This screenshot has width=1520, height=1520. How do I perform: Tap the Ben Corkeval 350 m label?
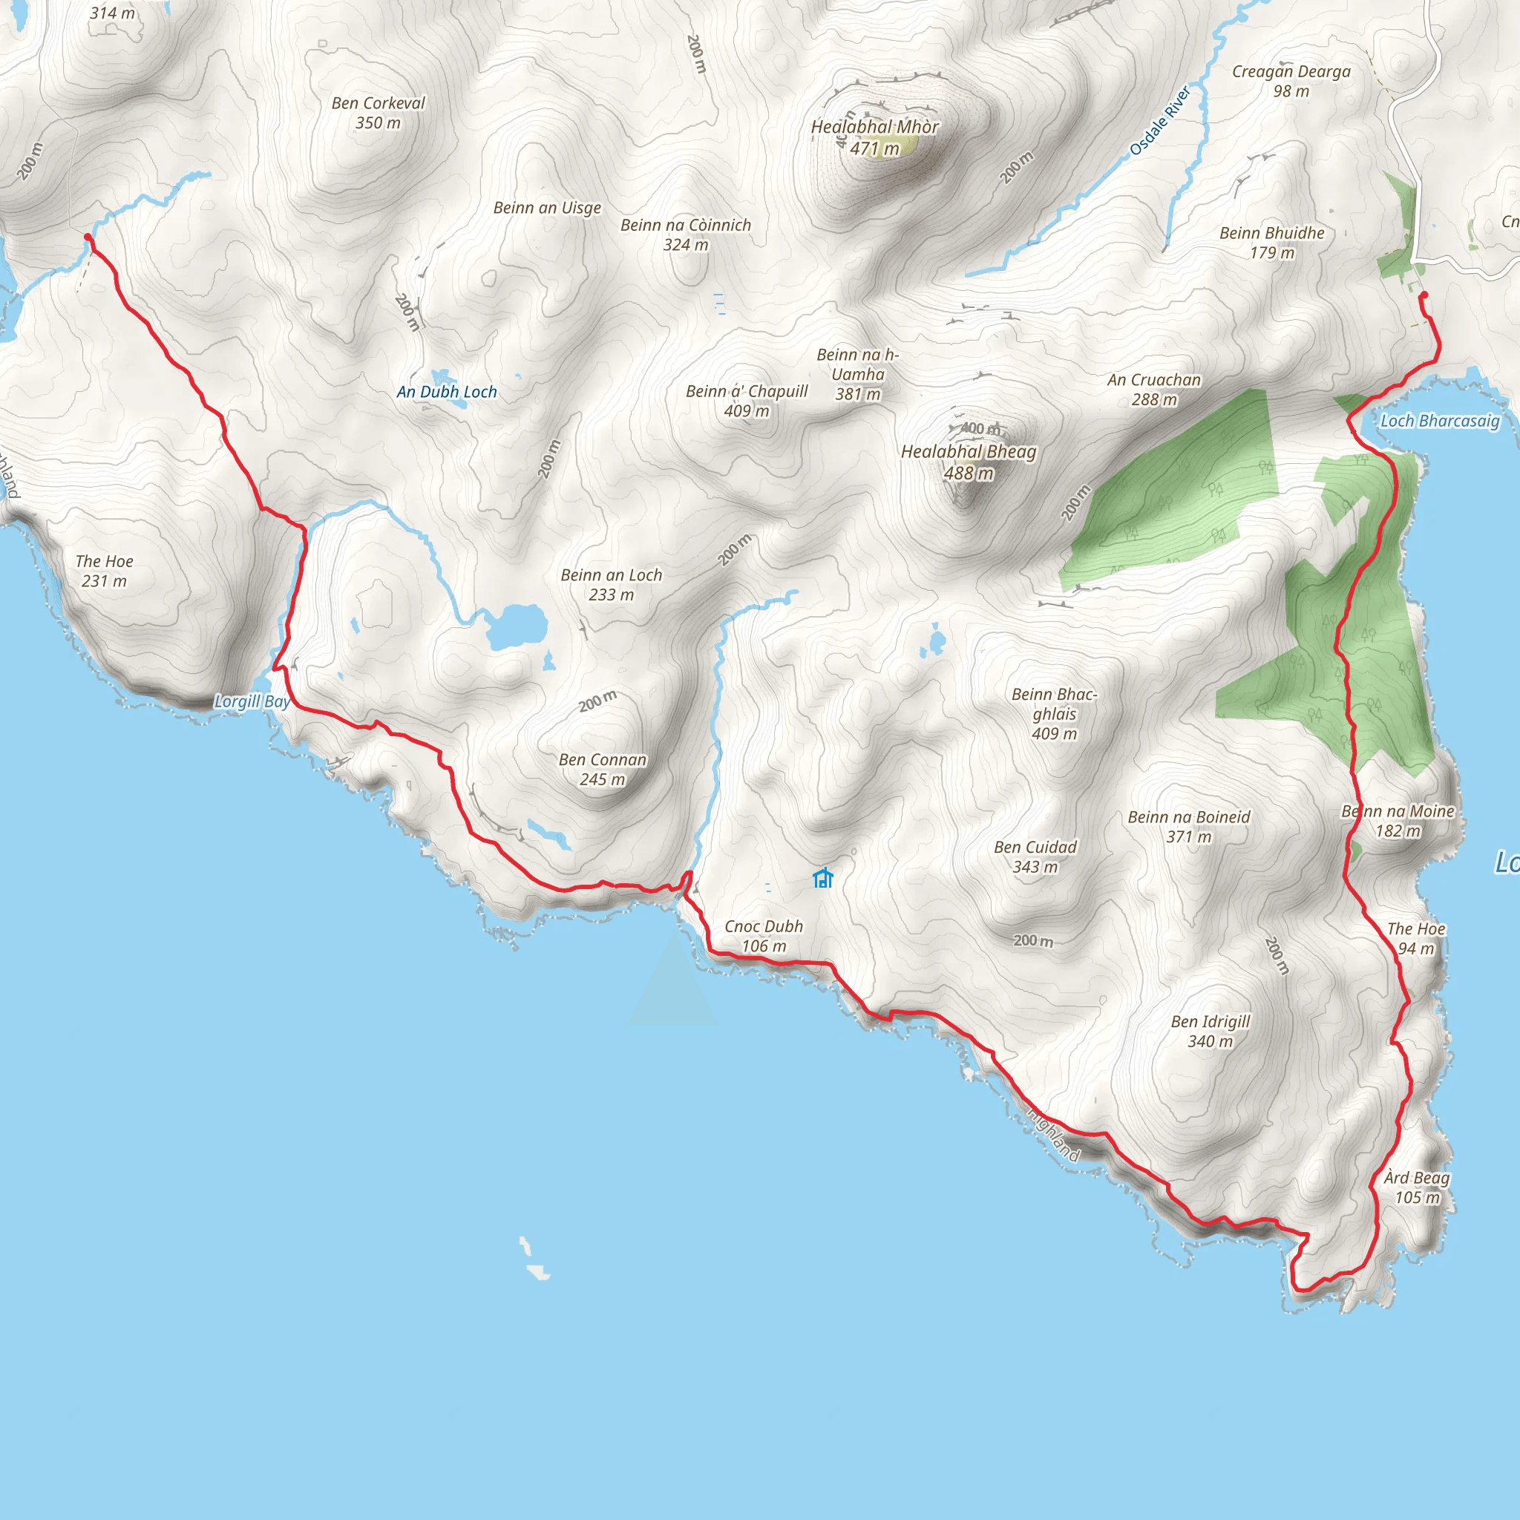click(x=378, y=113)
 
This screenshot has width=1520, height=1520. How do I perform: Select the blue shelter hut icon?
click(x=823, y=877)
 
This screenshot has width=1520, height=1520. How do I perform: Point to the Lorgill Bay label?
click(x=252, y=701)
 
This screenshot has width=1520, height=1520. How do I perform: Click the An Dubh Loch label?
click(x=447, y=392)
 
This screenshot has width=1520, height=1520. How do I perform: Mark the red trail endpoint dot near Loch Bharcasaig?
click(x=1424, y=295)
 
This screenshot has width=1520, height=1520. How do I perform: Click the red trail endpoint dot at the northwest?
click(x=88, y=237)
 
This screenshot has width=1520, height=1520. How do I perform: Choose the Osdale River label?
click(x=1160, y=121)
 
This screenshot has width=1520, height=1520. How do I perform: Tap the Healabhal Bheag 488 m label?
click(x=969, y=462)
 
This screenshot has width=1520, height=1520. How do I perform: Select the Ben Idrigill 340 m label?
click(x=1210, y=1031)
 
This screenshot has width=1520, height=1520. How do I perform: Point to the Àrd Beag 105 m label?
click(x=1417, y=1187)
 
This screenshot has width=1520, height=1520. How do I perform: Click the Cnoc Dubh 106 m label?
click(x=763, y=935)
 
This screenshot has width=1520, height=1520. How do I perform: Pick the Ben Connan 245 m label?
click(x=603, y=770)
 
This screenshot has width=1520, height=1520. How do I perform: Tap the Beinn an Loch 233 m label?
click(x=612, y=585)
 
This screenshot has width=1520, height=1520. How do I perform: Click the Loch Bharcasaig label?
click(x=1440, y=421)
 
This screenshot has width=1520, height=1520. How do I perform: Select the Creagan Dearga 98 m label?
click(x=1291, y=81)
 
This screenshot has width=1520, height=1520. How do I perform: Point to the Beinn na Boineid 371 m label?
click(x=1189, y=826)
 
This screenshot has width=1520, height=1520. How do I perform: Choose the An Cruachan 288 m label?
click(x=1154, y=390)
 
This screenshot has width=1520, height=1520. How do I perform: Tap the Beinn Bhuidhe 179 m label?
click(x=1271, y=242)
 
